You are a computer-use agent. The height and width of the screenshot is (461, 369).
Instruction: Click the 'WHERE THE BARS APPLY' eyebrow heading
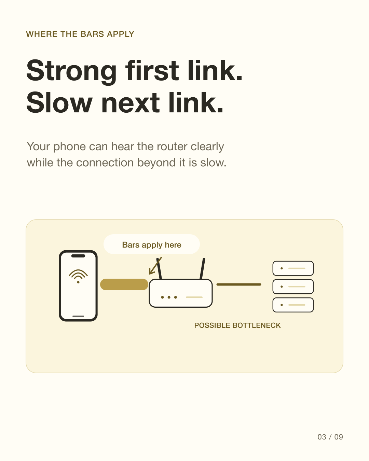point(80,34)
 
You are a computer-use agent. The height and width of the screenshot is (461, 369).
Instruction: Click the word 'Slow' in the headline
point(59,102)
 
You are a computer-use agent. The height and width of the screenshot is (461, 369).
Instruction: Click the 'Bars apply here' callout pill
point(152,244)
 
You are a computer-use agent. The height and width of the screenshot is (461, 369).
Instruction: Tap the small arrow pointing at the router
point(155,266)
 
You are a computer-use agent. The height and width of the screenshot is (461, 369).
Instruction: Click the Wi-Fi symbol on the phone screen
point(78,276)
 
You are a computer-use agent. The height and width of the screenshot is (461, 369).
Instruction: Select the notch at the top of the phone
point(78,256)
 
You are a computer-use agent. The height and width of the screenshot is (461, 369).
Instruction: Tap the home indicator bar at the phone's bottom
point(78,316)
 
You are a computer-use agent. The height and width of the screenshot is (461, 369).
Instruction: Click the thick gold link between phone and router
point(124,284)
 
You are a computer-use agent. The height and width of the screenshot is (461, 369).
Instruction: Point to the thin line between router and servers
point(239,284)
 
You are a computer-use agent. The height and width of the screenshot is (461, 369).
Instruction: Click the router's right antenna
point(202,269)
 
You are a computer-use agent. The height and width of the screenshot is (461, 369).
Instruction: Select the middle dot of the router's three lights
point(169,297)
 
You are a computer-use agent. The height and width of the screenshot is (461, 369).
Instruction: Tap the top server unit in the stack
point(293,268)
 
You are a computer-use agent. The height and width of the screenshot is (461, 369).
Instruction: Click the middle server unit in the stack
point(293,287)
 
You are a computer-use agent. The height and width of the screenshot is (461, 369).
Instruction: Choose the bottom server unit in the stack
point(293,305)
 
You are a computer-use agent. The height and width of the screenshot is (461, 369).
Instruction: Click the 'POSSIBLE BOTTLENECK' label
point(237,325)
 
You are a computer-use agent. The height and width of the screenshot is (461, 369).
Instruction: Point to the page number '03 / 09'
point(330,437)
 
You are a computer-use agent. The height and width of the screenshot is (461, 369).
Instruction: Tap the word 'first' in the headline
point(152,70)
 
